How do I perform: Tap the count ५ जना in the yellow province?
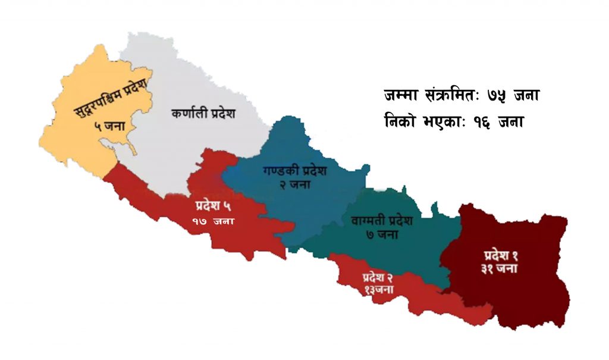(x=109, y=126)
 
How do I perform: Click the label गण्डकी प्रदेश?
(x=295, y=171)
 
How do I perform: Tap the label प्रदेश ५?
(x=212, y=207)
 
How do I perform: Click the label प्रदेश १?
(x=500, y=256)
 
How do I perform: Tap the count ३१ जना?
(x=500, y=268)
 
